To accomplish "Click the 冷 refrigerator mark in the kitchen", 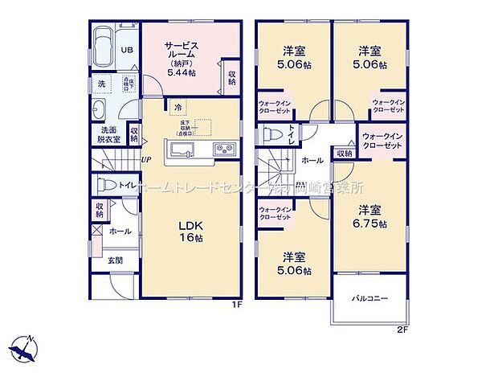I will [177, 105].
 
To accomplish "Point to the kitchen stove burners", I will [222, 151].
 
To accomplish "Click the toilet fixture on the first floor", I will [103, 185].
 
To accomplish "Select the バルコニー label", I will [369, 298].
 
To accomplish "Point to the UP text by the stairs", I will [146, 159].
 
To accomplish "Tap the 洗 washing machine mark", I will [102, 84].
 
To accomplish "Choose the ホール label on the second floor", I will [312, 161].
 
